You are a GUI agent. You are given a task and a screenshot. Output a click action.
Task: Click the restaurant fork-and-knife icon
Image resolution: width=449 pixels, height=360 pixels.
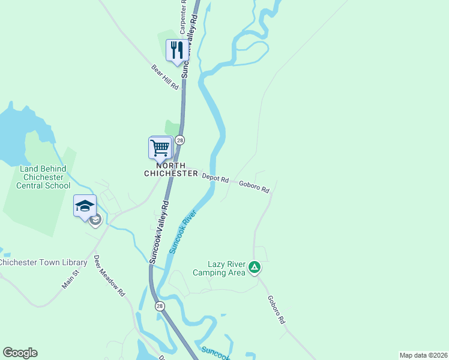click(176, 50)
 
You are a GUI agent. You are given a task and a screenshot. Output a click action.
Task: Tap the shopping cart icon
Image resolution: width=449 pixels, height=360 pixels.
click(160, 147)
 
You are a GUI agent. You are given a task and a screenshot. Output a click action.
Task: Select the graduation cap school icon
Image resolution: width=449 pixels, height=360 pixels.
click(85, 206)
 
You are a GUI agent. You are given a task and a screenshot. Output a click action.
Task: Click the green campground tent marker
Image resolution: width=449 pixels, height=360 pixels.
click(255, 267)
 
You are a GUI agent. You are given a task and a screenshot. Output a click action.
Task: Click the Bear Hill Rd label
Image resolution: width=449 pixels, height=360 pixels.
click(165, 77)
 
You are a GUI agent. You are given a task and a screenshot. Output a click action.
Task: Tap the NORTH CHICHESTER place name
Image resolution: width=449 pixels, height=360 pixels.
click(171, 169)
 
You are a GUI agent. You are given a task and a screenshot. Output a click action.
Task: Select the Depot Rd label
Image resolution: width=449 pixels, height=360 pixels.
click(215, 178)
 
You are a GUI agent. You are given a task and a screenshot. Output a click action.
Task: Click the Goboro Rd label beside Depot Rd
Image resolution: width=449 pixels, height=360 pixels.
click(255, 187)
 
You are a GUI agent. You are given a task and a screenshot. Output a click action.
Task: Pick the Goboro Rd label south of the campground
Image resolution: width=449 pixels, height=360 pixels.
click(277, 310)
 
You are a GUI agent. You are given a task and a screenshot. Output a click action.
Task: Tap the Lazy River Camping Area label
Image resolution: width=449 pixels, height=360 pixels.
click(219, 268)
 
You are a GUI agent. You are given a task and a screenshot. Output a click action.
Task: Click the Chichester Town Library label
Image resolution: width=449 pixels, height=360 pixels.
click(43, 263)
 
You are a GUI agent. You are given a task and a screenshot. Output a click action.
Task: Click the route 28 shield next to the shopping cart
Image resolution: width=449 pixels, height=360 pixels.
click(179, 140)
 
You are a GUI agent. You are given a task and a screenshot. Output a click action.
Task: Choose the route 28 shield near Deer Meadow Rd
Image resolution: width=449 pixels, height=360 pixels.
click(160, 306)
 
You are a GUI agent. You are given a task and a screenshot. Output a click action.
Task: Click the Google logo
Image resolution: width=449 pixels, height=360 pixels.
click(20, 353)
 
